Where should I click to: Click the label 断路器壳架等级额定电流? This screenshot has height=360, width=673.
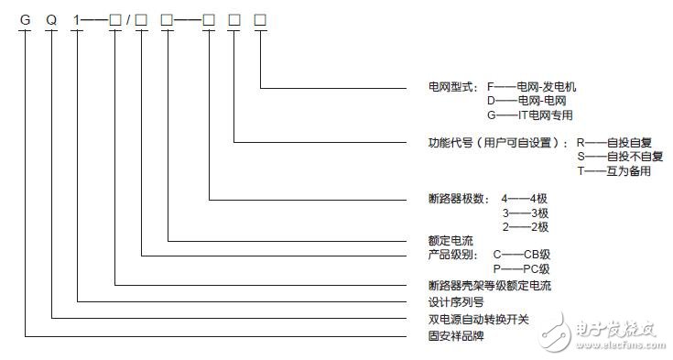(x=471, y=285)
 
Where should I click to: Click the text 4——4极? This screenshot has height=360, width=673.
(x=525, y=197)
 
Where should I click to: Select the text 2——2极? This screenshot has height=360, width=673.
(x=525, y=225)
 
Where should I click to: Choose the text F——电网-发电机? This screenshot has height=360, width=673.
(x=532, y=87)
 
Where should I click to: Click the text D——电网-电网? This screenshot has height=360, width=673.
(x=526, y=101)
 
